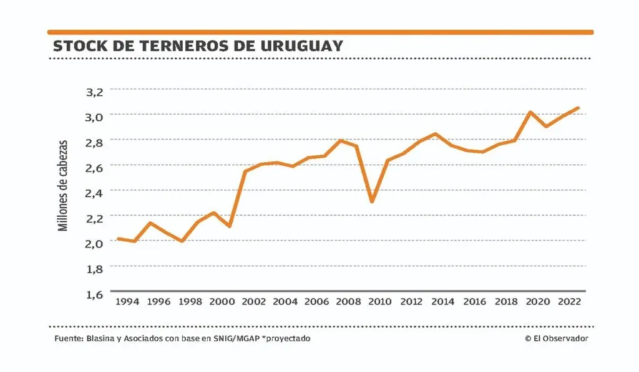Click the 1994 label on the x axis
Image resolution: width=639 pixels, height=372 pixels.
click(x=127, y=302)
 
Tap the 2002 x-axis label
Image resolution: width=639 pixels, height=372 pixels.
click(x=253, y=302)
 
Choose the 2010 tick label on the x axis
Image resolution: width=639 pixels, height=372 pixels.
click(x=380, y=302)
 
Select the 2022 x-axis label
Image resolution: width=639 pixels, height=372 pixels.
click(x=569, y=302)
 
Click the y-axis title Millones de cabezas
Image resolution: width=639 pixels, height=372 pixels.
click(x=63, y=185)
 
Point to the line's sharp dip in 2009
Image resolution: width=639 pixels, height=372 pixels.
click(x=372, y=201)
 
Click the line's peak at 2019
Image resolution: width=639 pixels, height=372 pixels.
click(x=530, y=112)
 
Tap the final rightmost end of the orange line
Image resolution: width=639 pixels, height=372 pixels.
click(x=578, y=108)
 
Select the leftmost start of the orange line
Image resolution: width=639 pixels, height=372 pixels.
click(x=118, y=239)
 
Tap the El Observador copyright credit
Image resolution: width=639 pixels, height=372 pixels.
click(x=556, y=338)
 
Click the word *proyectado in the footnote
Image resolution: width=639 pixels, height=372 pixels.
click(x=288, y=338)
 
